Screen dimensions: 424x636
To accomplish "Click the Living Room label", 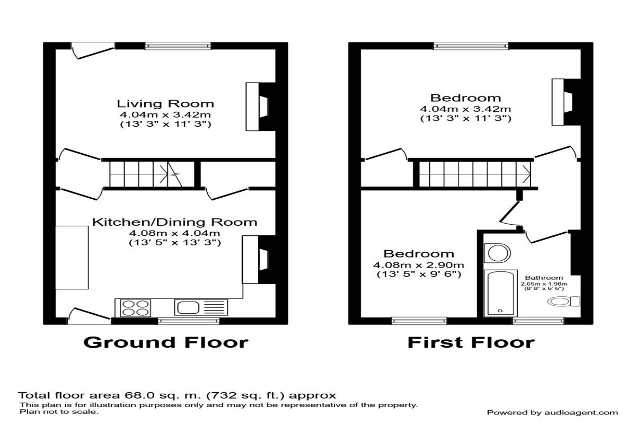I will (165, 103).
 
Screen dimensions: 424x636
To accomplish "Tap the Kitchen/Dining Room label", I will (174, 222).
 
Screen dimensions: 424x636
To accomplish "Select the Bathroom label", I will (544, 278).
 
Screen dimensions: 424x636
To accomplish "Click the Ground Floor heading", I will (165, 342).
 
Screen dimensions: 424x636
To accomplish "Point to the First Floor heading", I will (471, 342).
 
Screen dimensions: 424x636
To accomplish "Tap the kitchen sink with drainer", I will (201, 307).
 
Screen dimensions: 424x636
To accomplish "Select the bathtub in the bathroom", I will (500, 293).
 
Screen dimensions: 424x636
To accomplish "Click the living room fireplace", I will (260, 107).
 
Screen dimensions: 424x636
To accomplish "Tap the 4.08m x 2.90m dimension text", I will (419, 265).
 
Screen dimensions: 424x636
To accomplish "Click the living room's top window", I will (178, 46).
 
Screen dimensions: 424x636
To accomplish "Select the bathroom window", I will (538, 321).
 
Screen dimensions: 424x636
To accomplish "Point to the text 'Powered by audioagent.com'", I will (552, 412).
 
